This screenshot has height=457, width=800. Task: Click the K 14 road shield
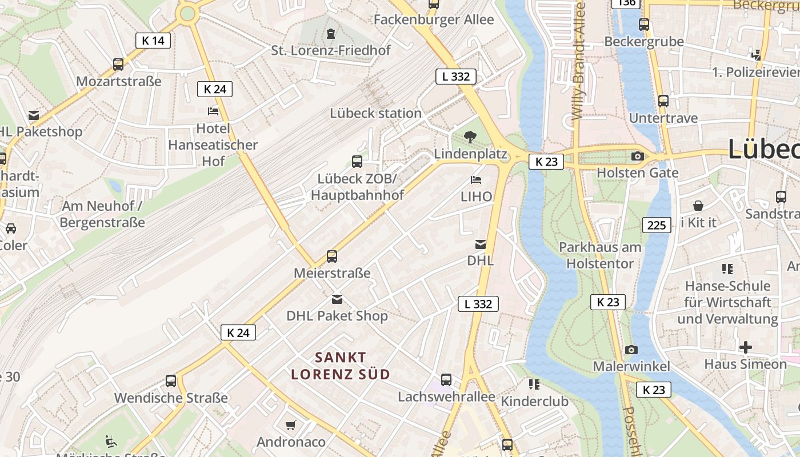click(x=153, y=40)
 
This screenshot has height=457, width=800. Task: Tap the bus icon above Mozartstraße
click(x=118, y=64)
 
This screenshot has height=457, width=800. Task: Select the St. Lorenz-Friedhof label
click(x=331, y=50)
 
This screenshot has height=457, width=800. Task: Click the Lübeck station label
click(x=375, y=113)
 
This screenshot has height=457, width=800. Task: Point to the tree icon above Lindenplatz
click(x=470, y=137)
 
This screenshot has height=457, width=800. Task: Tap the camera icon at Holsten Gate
click(x=638, y=156)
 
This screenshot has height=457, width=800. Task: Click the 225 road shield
click(x=657, y=225)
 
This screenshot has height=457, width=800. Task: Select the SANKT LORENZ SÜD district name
click(x=341, y=366)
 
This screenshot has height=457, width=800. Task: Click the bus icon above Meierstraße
click(x=332, y=256)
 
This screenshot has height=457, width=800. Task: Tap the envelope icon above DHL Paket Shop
click(x=337, y=299)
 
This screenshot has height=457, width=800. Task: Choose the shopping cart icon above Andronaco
click(x=291, y=425)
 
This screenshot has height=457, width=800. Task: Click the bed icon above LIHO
click(x=476, y=180)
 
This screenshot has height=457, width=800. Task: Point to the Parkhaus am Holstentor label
click(x=600, y=255)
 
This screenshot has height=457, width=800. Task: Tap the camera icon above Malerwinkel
click(x=631, y=350)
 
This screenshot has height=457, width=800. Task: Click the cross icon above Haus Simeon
click(x=745, y=347)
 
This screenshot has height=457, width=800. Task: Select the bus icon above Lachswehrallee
click(x=446, y=379)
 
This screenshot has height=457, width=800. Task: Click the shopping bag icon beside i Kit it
click(x=698, y=206)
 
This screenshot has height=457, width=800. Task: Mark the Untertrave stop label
click(x=663, y=118)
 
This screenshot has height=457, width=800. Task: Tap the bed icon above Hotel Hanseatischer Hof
click(x=213, y=111)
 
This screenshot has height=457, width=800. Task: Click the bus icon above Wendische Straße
click(x=171, y=380)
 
